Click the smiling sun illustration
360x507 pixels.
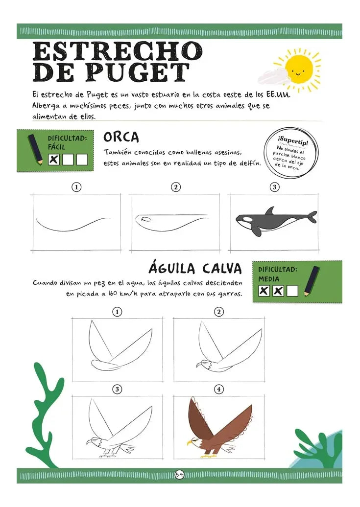pyautogui.click(x=299, y=69)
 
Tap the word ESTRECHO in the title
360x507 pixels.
pyautogui.click(x=117, y=51)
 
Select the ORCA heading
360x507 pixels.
pyautogui.click(x=121, y=137)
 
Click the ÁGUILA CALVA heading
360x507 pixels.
pyautogui.click(x=195, y=268)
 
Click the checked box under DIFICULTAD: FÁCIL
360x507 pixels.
pyautogui.click(x=54, y=160)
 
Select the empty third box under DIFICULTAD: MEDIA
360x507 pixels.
pyautogui.click(x=292, y=291)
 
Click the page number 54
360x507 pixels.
pyautogui.click(x=179, y=474)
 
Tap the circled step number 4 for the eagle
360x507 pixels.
pyautogui.click(x=219, y=389)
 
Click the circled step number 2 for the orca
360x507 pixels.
pyautogui.click(x=176, y=187)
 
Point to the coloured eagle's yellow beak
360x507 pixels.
pyautogui.click(x=190, y=443)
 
